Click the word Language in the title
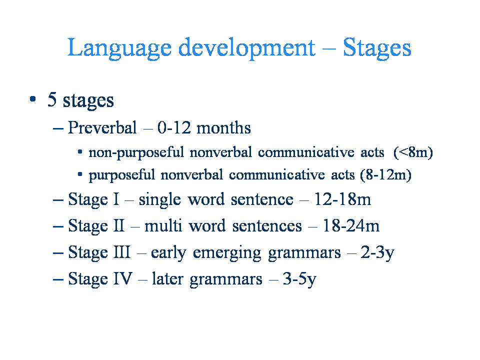click(x=119, y=48)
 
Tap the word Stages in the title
click(x=377, y=48)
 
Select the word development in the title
click(x=246, y=48)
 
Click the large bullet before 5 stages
click(x=33, y=99)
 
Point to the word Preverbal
click(x=102, y=127)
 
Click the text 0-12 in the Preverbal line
click(x=174, y=127)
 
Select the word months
click(x=223, y=127)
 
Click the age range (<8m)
click(x=413, y=152)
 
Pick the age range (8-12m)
click(x=385, y=175)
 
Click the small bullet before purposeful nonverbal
click(x=80, y=174)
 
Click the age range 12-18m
click(x=342, y=199)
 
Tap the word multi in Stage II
click(x=163, y=225)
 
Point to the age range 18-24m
click(x=351, y=225)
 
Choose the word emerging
click(x=227, y=253)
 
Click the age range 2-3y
click(x=377, y=253)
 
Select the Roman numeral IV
click(x=123, y=278)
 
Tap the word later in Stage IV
click(x=168, y=278)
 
